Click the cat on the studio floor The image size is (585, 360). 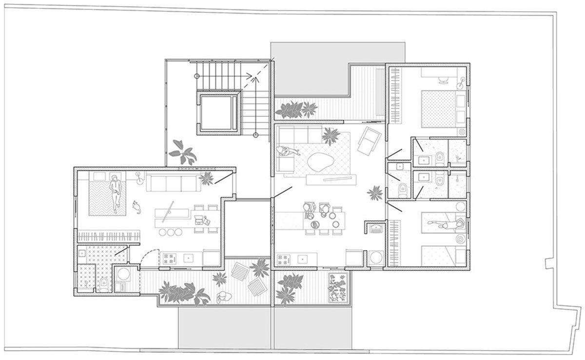tap(136, 207)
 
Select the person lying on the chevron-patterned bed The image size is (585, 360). tap(116, 192)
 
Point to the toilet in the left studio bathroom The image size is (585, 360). tap(104, 284)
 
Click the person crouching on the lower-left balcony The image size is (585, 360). tap(223, 297)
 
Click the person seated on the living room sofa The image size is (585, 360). tap(284, 152)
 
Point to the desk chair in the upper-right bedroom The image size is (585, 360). tap(443, 78)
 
